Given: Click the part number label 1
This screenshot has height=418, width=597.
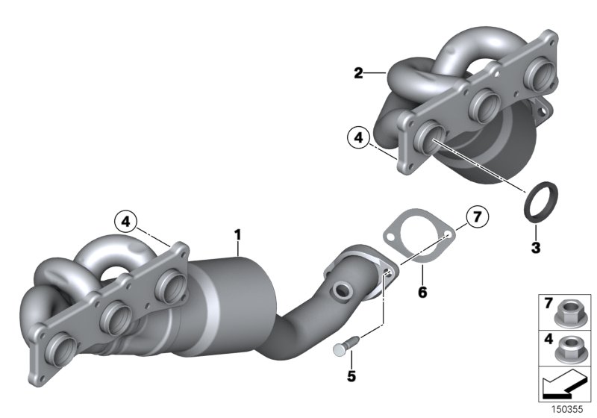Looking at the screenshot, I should [238, 235].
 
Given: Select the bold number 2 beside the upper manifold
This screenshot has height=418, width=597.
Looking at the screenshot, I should [359, 73].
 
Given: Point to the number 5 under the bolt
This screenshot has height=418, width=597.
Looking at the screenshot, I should [351, 376].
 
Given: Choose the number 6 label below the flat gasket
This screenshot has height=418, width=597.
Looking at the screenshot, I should [422, 293].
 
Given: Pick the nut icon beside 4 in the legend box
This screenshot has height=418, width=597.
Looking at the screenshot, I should [572, 346].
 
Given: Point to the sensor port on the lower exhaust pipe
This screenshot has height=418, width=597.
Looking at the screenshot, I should [344, 288].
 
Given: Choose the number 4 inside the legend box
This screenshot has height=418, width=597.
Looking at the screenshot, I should [548, 339].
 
